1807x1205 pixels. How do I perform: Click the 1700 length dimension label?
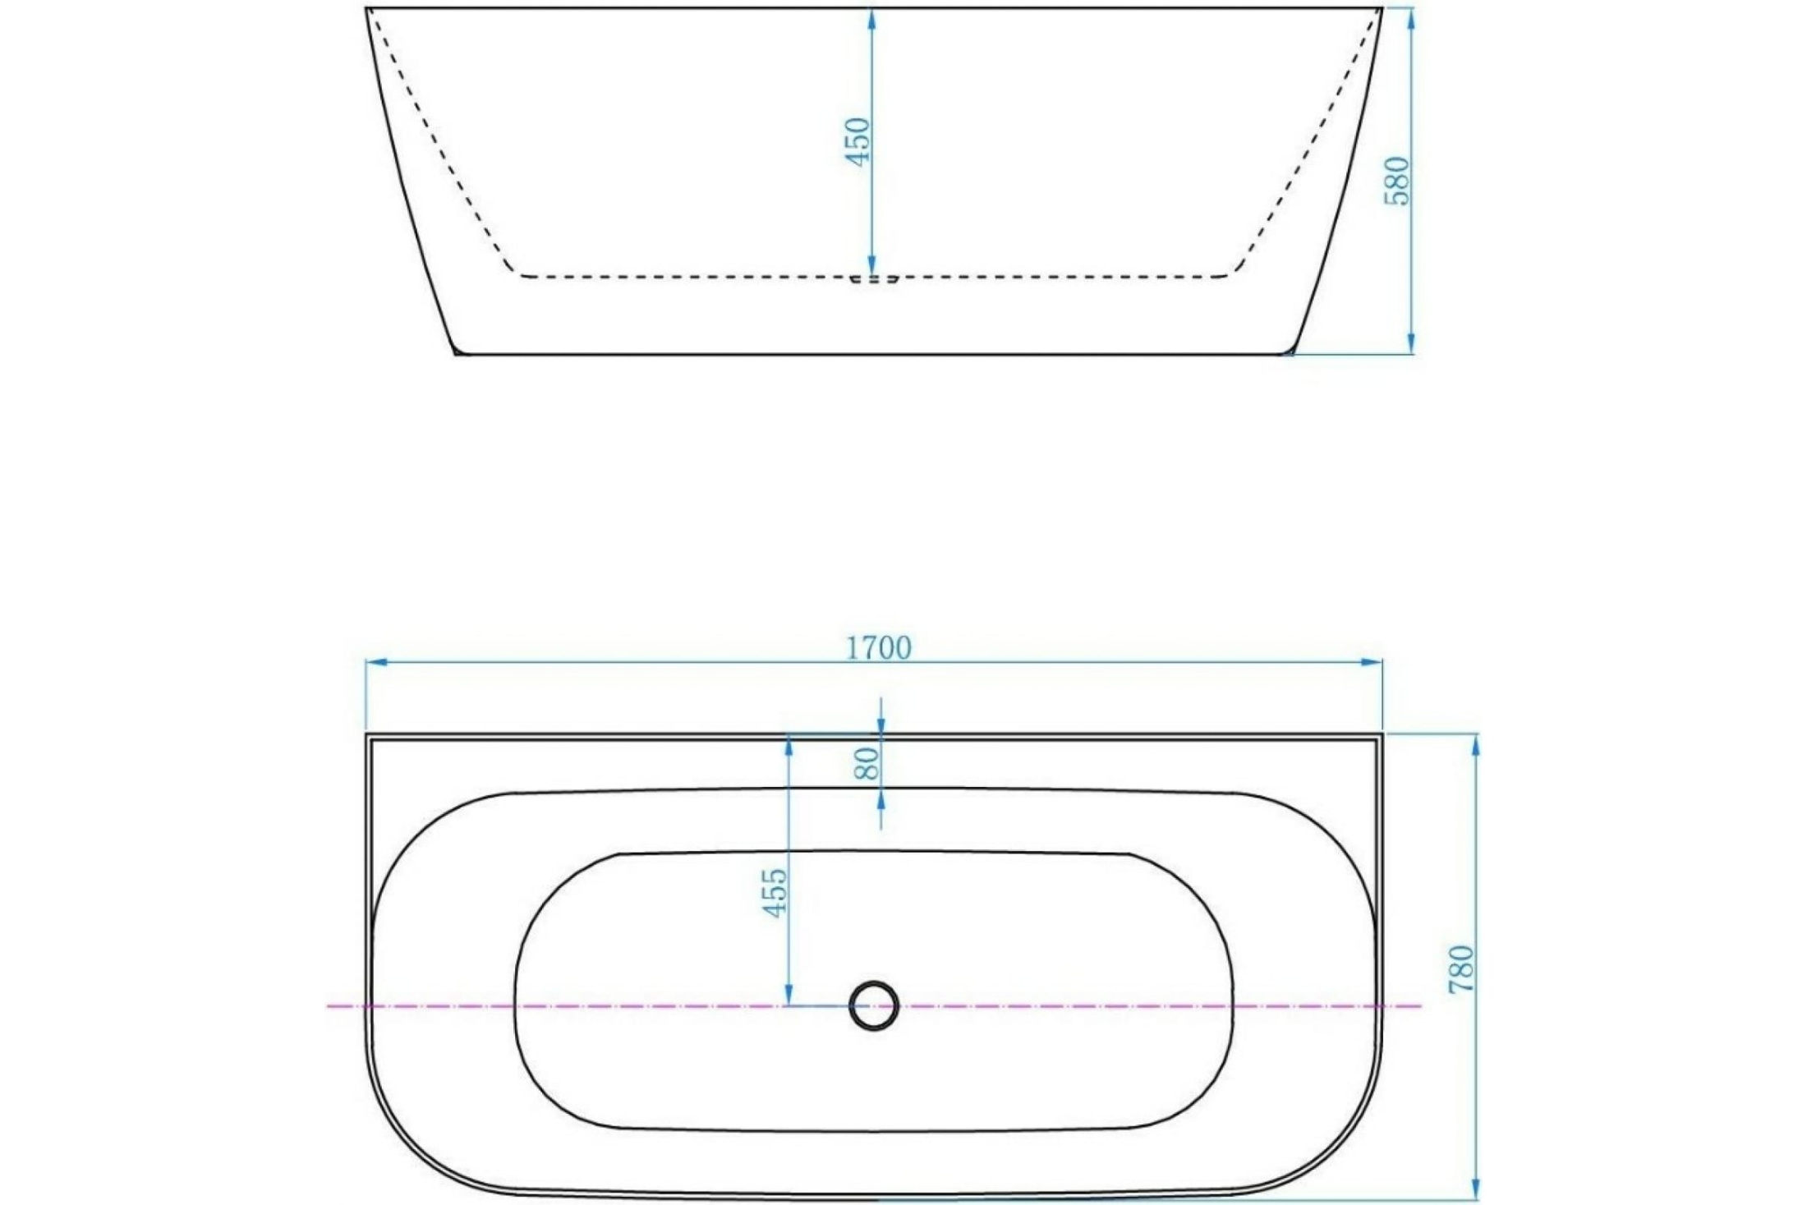click(x=878, y=649)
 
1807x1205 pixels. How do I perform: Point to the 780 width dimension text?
click(x=1462, y=969)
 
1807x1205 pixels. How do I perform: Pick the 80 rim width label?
click(x=867, y=764)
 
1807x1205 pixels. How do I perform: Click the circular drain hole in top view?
click(x=874, y=1005)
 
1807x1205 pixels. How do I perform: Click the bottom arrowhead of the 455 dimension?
click(x=789, y=995)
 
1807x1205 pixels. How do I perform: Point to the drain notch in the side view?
click(x=874, y=279)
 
